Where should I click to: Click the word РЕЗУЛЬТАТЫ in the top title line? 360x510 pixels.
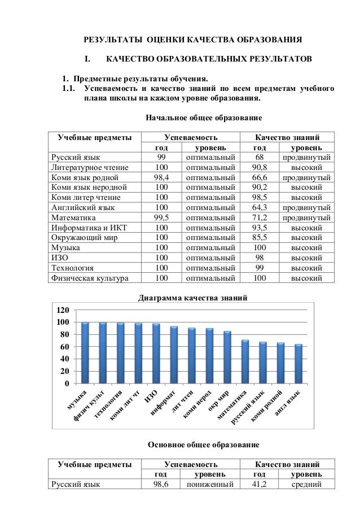pyautogui.click(x=112, y=40)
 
